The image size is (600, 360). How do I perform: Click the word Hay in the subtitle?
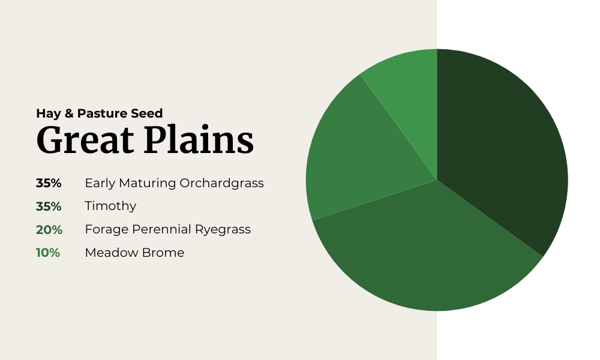pyautogui.click(x=49, y=113)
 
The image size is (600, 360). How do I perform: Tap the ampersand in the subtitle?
pyautogui.click(x=69, y=113)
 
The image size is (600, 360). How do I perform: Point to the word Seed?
pyautogui.click(x=147, y=113)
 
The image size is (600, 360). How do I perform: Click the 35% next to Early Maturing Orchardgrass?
pyautogui.click(x=49, y=183)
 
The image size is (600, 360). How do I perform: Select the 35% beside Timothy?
pyautogui.click(x=49, y=206)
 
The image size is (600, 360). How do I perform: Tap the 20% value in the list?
pyautogui.click(x=49, y=230)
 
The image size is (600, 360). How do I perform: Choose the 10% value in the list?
pyautogui.click(x=48, y=253)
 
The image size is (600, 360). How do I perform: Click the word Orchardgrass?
pyautogui.click(x=221, y=183)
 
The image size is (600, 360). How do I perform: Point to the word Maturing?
pyautogui.click(x=148, y=184)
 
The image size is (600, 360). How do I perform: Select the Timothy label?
pyautogui.click(x=110, y=206)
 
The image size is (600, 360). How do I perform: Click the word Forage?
pyautogui.click(x=107, y=230)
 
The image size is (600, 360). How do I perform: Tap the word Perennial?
pyautogui.click(x=161, y=229)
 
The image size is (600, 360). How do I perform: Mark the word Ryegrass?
pyautogui.click(x=223, y=230)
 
